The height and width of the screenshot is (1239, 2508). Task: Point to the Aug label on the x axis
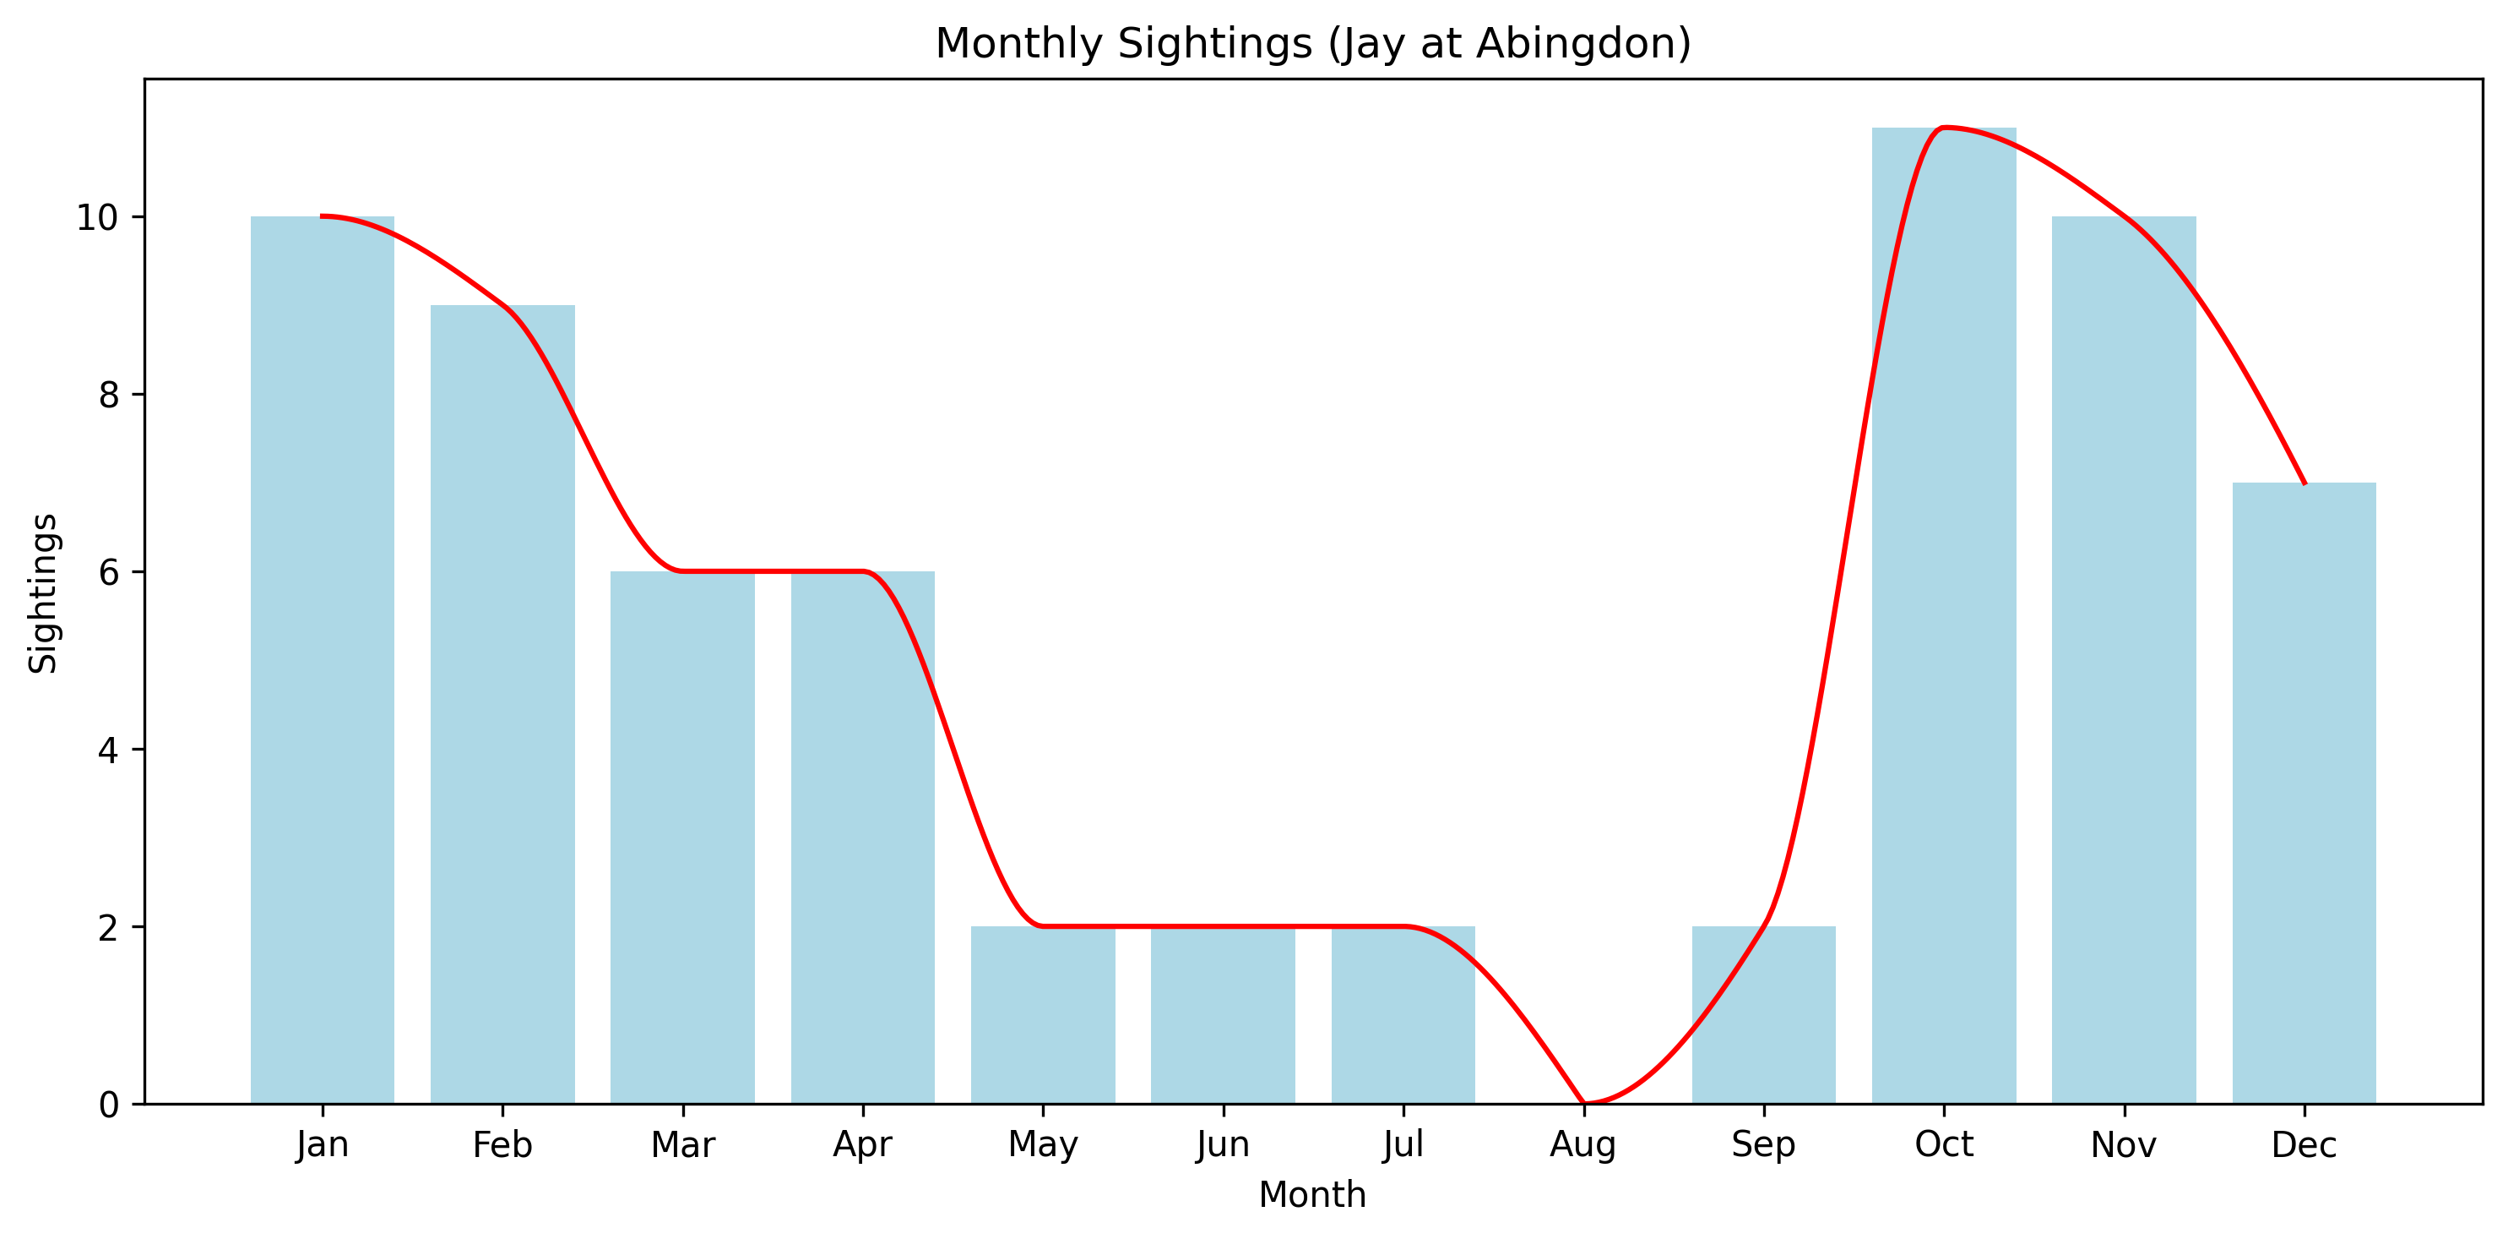1583,1144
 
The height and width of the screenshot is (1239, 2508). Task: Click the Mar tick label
682,1144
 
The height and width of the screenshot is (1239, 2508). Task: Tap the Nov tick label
2124,1144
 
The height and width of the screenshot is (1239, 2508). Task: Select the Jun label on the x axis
1223,1144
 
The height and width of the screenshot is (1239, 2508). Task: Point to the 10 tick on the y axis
96,217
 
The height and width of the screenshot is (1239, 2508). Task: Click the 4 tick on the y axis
108,750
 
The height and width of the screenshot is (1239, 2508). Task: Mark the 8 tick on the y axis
108,395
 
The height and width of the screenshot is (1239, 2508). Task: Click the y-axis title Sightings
43,592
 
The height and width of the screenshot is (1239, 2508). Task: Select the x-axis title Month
1311,1194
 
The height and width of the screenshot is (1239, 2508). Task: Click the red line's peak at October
1943,128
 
